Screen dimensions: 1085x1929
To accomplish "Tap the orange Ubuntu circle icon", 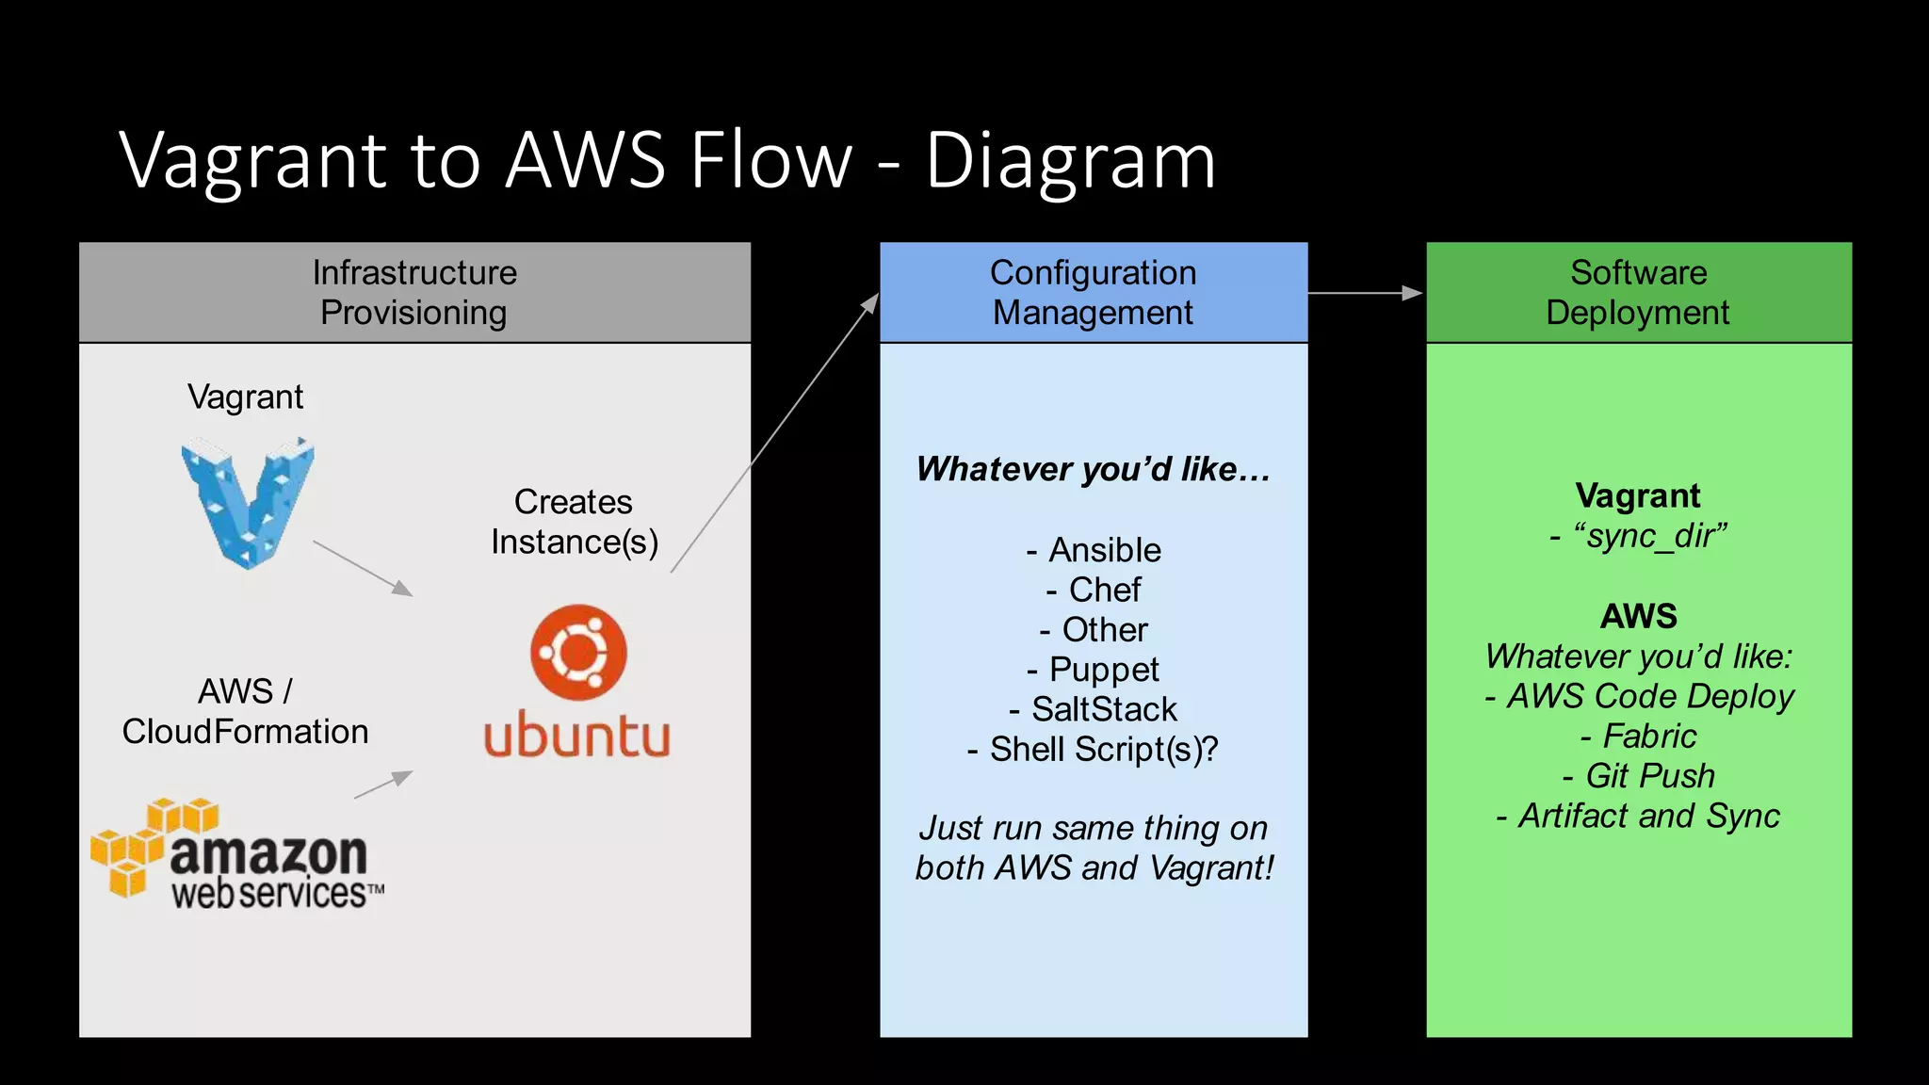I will [578, 652].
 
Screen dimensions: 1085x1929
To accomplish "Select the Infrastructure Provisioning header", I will [414, 293].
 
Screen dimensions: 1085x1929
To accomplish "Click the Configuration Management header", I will [1093, 293].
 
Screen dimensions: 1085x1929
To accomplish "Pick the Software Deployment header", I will [1638, 293].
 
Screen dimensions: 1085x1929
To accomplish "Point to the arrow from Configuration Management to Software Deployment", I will [1366, 293].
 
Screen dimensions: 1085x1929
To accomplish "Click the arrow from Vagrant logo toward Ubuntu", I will [363, 568].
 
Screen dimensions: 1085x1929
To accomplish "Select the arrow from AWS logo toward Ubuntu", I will [382, 785].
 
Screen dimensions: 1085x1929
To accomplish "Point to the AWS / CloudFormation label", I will [245, 711].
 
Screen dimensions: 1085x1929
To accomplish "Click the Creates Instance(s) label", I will [574, 522].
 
